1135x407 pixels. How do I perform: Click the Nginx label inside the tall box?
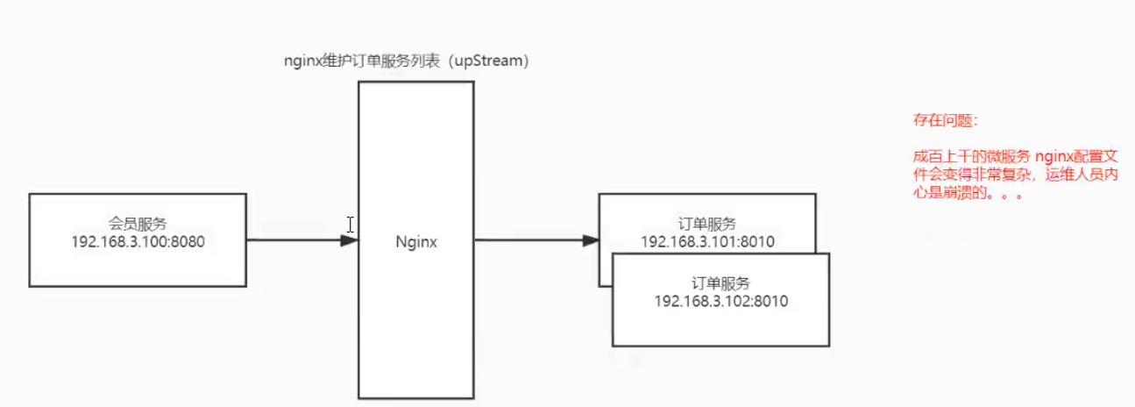coord(416,242)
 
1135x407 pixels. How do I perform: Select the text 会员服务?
coord(138,224)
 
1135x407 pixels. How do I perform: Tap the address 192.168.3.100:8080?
coord(138,242)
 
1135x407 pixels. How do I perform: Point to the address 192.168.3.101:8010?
coord(707,242)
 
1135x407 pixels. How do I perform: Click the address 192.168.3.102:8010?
coord(721,301)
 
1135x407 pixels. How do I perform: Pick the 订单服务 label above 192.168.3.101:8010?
coord(707,224)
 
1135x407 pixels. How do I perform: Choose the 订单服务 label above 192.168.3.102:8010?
coord(721,282)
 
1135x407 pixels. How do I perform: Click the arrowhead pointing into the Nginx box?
coord(350,240)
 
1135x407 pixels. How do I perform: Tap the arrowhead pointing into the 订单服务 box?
coord(591,240)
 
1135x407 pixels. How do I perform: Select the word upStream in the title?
coord(488,61)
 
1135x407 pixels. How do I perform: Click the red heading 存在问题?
coord(942,120)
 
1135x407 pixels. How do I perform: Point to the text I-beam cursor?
coord(350,225)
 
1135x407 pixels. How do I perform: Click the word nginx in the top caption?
coord(303,61)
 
